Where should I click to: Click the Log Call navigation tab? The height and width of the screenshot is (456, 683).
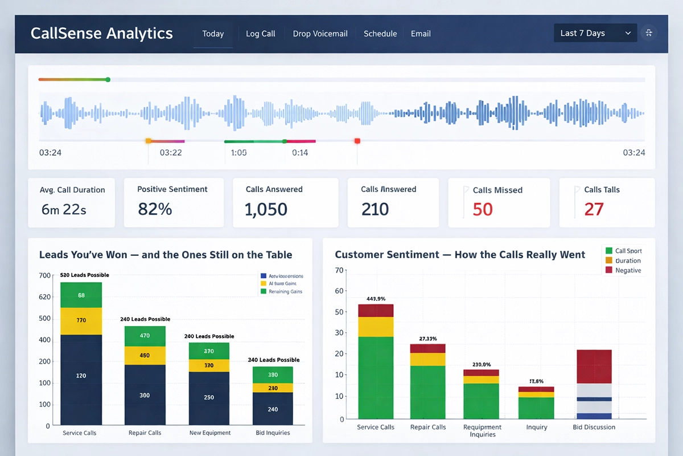pyautogui.click(x=260, y=34)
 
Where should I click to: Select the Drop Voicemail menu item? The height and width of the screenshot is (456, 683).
pyautogui.click(x=320, y=34)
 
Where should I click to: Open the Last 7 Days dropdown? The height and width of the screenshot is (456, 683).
pyautogui.click(x=595, y=33)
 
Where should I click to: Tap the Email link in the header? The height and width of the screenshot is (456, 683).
pyautogui.click(x=421, y=34)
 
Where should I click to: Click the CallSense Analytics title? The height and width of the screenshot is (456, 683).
pyautogui.click(x=101, y=33)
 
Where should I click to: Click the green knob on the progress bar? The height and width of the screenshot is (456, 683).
pyautogui.click(x=108, y=80)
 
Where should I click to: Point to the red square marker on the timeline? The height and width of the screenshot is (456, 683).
pyautogui.click(x=357, y=141)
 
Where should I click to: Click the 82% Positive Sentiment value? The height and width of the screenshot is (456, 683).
pyautogui.click(x=155, y=209)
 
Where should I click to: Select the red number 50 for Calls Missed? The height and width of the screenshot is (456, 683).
pyautogui.click(x=483, y=209)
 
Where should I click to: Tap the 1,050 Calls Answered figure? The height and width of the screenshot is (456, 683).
pyautogui.click(x=266, y=209)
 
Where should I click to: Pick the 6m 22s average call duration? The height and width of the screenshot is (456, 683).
pyautogui.click(x=64, y=209)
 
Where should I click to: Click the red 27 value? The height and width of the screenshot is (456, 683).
pyautogui.click(x=594, y=209)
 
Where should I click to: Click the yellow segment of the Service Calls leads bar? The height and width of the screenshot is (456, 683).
pyautogui.click(x=81, y=321)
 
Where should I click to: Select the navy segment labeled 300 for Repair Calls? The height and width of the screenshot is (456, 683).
pyautogui.click(x=145, y=395)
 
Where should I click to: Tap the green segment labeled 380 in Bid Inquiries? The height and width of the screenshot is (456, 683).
pyautogui.click(x=273, y=374)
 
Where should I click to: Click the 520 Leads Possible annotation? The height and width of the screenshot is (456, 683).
pyautogui.click(x=84, y=275)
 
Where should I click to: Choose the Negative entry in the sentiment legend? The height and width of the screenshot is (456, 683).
pyautogui.click(x=628, y=270)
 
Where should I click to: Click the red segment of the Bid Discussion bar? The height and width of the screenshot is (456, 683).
pyautogui.click(x=594, y=366)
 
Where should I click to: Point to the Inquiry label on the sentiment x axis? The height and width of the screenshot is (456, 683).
pyautogui.click(x=536, y=427)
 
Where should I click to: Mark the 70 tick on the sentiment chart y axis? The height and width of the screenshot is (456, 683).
pyautogui.click(x=340, y=270)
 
